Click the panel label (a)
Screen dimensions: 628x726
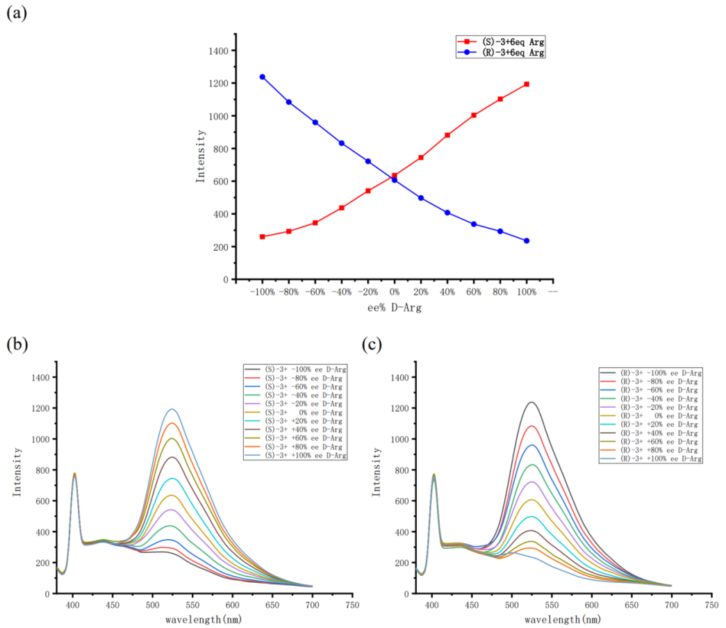click(x=16, y=13)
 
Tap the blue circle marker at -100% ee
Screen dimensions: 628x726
click(x=262, y=77)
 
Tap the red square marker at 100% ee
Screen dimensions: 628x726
click(x=527, y=84)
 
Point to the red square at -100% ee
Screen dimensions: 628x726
click(x=262, y=237)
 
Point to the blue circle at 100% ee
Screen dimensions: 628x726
click(x=527, y=241)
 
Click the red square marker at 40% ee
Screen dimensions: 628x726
click(x=447, y=135)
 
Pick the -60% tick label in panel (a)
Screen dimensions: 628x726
click(x=315, y=292)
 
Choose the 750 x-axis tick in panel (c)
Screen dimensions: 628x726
click(x=711, y=605)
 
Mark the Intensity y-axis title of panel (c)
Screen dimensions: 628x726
click(x=377, y=476)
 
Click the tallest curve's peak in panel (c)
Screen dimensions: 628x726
click(x=532, y=402)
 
